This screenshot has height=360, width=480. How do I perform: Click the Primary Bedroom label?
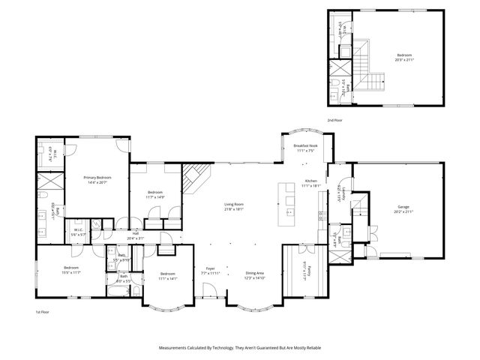(97, 178)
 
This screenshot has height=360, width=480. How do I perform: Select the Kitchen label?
(311, 181)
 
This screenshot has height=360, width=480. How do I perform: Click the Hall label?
(136, 233)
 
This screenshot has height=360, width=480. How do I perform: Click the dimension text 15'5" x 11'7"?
(71, 271)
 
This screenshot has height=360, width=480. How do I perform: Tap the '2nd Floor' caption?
(335, 120)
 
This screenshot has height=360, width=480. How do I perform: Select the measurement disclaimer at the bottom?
(239, 348)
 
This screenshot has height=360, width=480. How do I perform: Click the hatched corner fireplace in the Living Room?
(194, 178)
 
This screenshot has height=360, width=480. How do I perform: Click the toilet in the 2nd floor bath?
(332, 82)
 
